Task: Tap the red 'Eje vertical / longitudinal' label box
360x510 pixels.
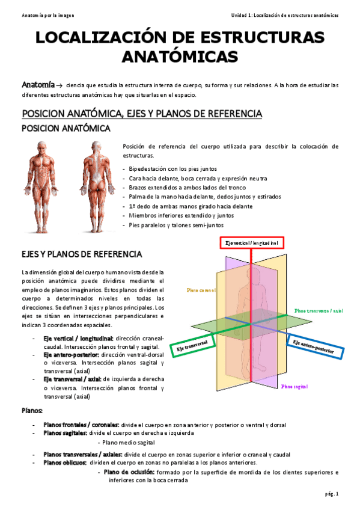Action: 251,242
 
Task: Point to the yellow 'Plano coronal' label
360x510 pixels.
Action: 201,289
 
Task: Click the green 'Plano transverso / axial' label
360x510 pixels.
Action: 318,310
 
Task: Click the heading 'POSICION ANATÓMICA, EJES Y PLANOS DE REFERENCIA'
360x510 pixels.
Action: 141,113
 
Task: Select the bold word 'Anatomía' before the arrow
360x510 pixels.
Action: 38,85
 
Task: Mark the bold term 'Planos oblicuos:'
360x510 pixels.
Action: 65,462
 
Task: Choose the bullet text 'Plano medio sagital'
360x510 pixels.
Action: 129,442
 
